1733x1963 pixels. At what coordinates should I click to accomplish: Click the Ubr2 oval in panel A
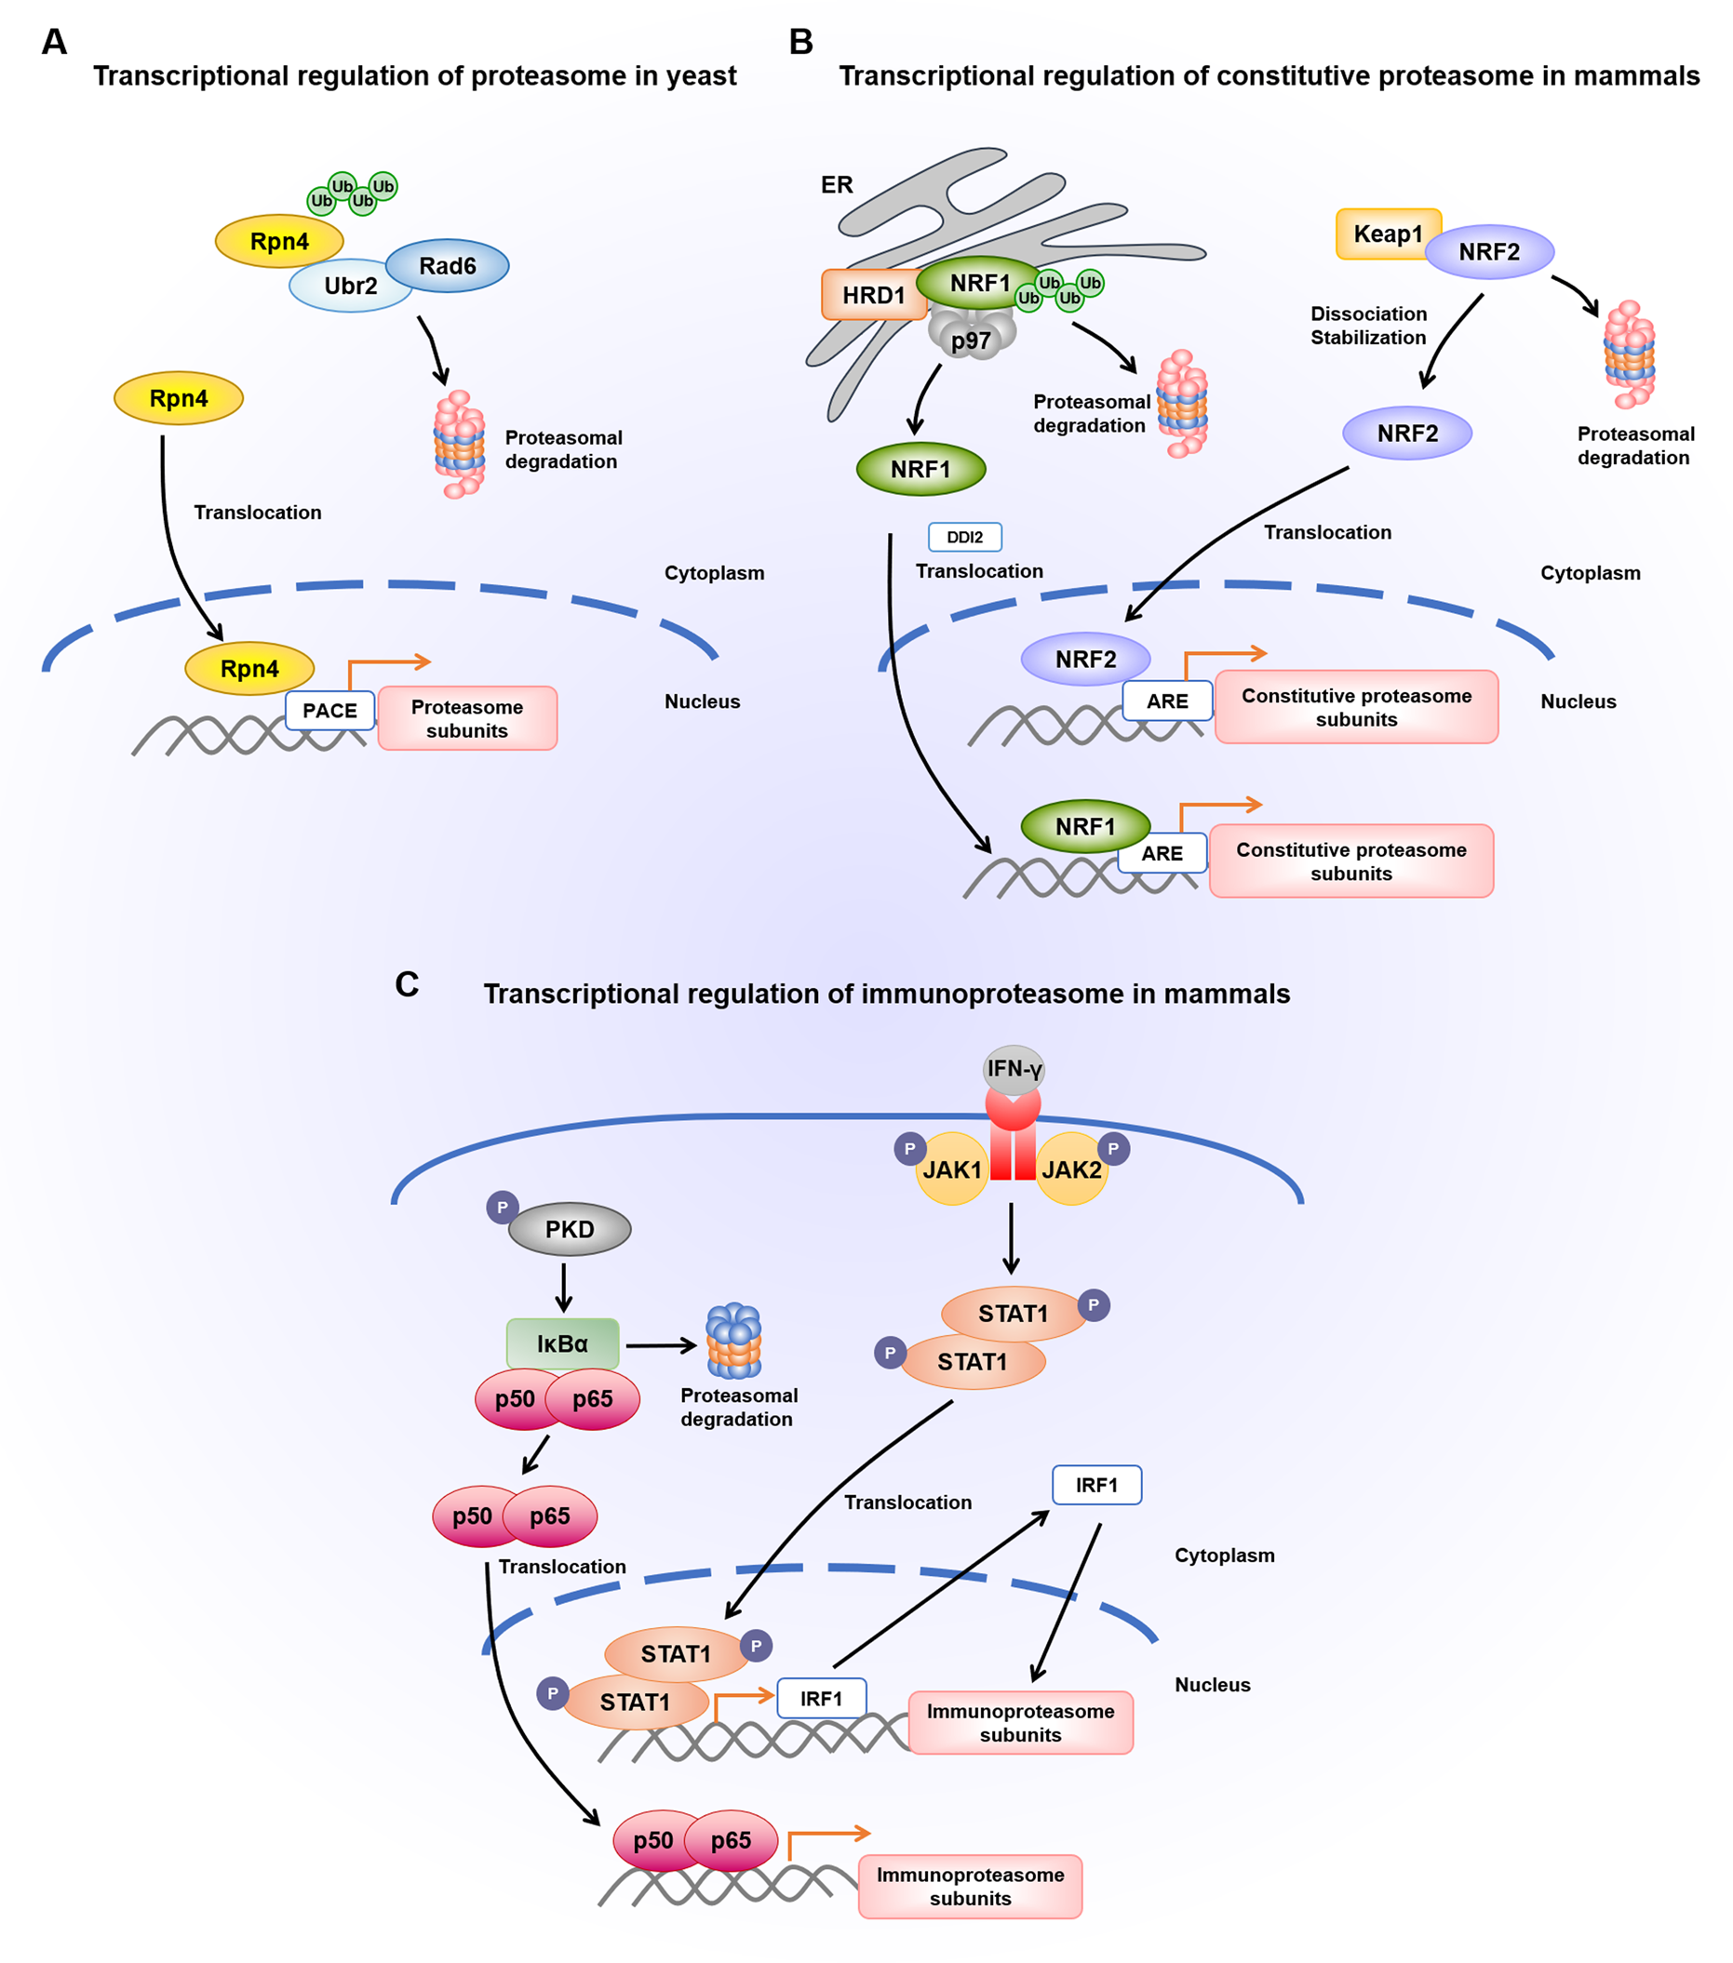(x=350, y=287)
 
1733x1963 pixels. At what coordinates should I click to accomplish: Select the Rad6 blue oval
(x=448, y=266)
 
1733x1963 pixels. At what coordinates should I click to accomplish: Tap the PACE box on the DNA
(x=329, y=711)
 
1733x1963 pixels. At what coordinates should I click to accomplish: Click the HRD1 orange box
(x=873, y=295)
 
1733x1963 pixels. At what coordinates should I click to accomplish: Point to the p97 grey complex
(x=972, y=339)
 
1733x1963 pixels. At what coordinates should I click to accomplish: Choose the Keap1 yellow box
(x=1387, y=234)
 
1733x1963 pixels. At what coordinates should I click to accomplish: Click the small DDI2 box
(x=964, y=537)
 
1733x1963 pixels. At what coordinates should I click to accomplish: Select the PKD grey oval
(x=570, y=1229)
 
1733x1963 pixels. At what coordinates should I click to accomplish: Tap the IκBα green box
(x=563, y=1343)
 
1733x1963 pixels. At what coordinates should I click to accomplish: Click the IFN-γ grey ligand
(x=1014, y=1069)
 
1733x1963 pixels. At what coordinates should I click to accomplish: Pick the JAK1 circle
(x=951, y=1169)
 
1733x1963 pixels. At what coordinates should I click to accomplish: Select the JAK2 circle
(x=1072, y=1169)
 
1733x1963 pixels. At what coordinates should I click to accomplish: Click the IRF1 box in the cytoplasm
(x=1096, y=1485)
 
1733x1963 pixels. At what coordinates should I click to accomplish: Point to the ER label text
(x=837, y=184)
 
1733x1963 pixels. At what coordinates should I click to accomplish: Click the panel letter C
(x=408, y=984)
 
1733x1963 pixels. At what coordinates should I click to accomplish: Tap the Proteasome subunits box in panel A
(x=468, y=718)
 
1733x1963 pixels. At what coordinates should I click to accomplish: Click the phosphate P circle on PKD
(x=503, y=1208)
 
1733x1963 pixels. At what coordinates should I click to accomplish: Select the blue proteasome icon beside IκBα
(x=734, y=1340)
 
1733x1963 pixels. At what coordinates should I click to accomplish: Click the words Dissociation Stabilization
(x=1368, y=326)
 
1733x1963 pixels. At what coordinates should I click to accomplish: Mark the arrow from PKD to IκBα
(x=564, y=1288)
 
